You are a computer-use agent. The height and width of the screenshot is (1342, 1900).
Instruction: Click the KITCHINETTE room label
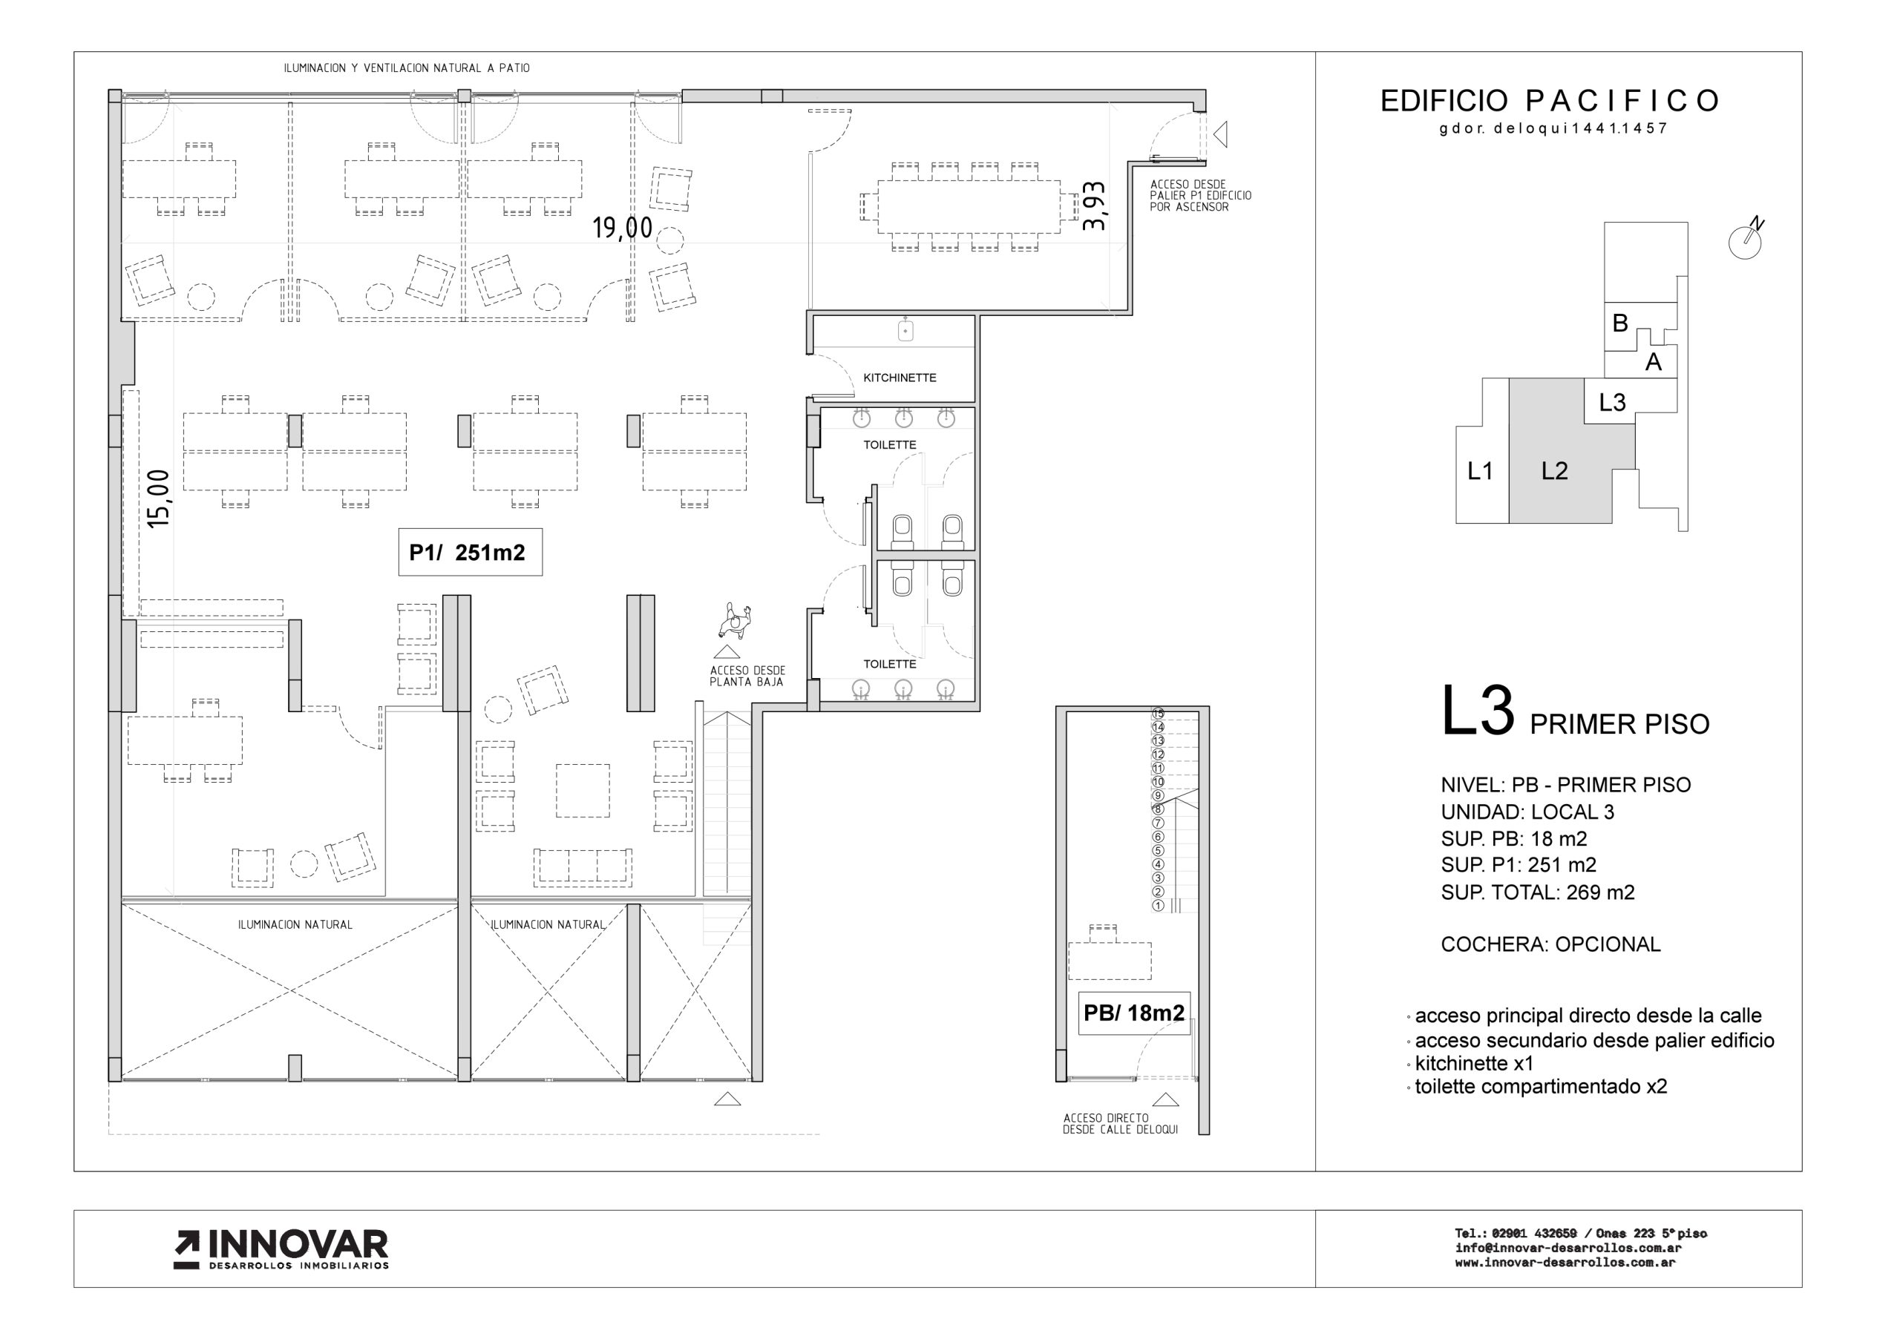pyautogui.click(x=900, y=378)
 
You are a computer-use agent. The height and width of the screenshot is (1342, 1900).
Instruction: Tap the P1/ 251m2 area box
pyautogui.click(x=470, y=552)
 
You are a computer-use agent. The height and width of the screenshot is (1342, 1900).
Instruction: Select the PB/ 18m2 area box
pyautogui.click(x=1134, y=1013)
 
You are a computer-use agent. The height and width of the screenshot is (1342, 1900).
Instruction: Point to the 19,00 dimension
pyautogui.click(x=622, y=228)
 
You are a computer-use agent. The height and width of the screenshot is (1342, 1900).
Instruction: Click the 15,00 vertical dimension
pyautogui.click(x=158, y=499)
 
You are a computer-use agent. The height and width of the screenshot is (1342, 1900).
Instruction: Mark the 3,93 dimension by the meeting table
pyautogui.click(x=1094, y=206)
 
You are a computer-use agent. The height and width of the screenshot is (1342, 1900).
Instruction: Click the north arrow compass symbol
pyautogui.click(x=1746, y=239)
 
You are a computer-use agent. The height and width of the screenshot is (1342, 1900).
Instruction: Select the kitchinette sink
pyautogui.click(x=906, y=330)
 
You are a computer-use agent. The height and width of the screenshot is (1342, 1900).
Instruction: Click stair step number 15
pyautogui.click(x=1158, y=713)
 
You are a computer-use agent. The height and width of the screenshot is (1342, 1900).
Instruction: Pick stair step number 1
pyautogui.click(x=1158, y=905)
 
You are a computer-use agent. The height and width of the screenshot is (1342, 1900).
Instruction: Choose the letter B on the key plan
pyautogui.click(x=1620, y=323)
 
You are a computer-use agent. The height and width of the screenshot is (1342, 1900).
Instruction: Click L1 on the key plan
pyautogui.click(x=1480, y=471)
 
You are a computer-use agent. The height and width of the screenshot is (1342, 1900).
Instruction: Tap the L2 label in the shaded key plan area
pyautogui.click(x=1554, y=471)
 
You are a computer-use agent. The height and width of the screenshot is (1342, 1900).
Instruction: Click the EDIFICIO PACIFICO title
pyautogui.click(x=1549, y=101)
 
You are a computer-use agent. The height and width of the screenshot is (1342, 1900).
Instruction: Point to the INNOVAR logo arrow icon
pyautogui.click(x=186, y=1250)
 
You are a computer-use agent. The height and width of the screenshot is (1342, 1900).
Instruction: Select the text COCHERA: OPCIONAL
pyautogui.click(x=1550, y=944)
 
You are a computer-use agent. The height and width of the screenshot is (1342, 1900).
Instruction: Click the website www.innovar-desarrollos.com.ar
pyautogui.click(x=1565, y=1263)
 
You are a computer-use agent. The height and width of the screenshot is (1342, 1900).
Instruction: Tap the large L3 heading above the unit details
pyautogui.click(x=1477, y=711)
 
